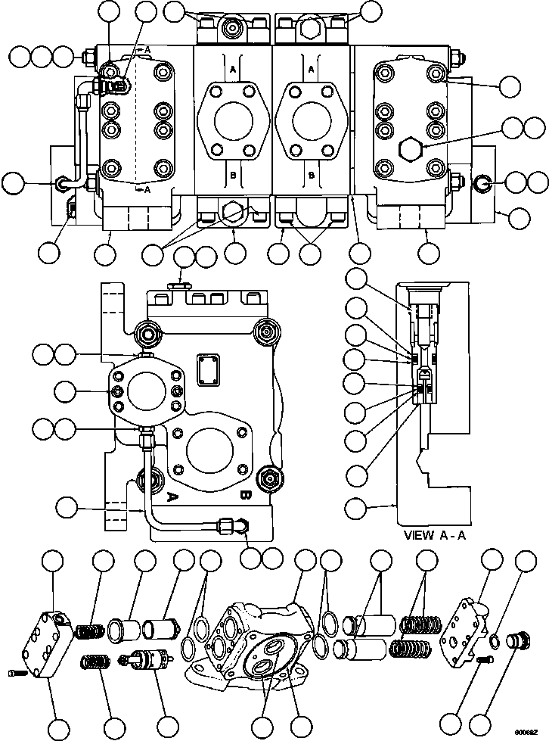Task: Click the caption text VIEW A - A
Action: (440, 535)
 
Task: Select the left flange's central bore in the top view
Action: (232, 123)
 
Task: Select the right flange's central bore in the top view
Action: (311, 123)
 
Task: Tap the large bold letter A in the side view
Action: (171, 497)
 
